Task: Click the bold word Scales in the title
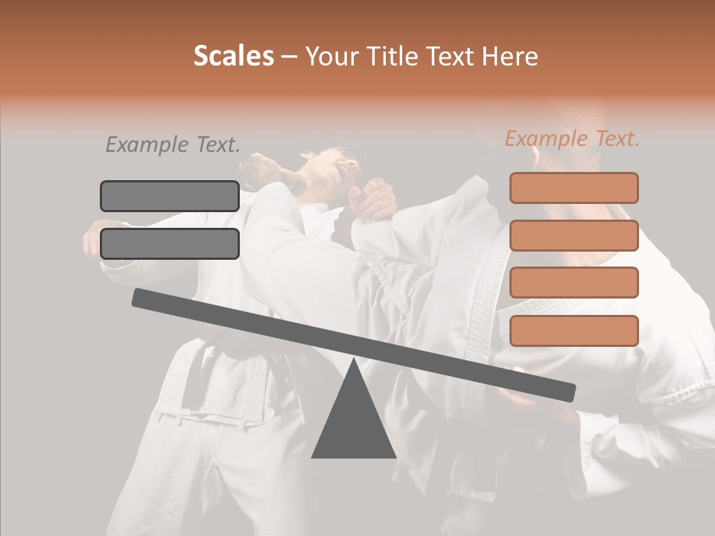(233, 57)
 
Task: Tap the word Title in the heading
(392, 57)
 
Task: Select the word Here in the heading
(509, 57)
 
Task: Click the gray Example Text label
(173, 144)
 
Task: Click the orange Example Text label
(572, 138)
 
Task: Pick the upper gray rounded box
(170, 196)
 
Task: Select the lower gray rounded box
(170, 243)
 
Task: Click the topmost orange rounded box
(574, 188)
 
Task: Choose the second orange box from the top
(574, 235)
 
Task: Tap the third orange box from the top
(574, 283)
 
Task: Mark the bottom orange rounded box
(574, 331)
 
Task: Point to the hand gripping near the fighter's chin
(376, 200)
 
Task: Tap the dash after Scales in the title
(289, 57)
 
